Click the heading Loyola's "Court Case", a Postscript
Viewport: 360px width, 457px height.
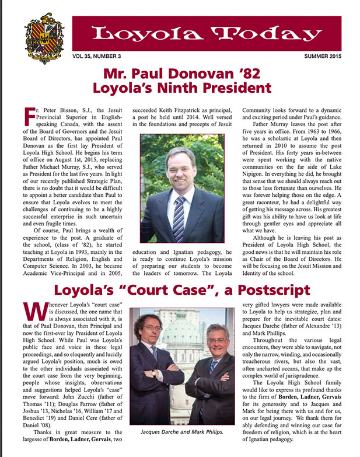(180, 290)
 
